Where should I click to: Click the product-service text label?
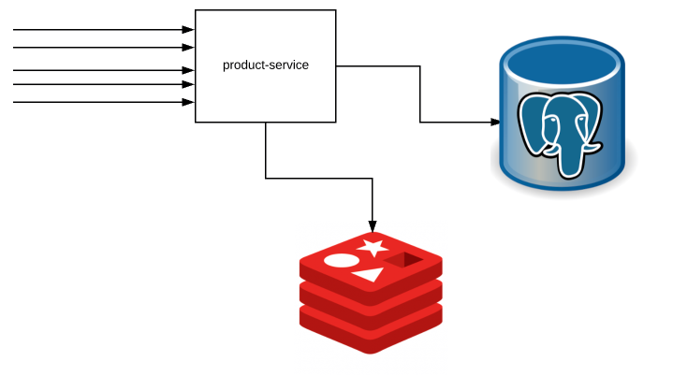click(265, 65)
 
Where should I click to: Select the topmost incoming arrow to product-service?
click(103, 29)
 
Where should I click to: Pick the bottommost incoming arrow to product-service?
click(103, 101)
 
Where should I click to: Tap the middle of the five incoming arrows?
click(103, 70)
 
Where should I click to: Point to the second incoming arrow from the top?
click(103, 47)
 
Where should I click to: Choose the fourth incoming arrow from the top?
click(103, 84)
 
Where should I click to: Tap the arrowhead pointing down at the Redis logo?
click(373, 225)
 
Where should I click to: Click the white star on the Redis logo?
click(373, 247)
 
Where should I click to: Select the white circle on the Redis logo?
click(341, 261)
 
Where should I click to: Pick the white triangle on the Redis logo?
click(370, 275)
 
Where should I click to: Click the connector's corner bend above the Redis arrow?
click(373, 178)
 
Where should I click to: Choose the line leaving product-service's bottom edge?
click(266, 150)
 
